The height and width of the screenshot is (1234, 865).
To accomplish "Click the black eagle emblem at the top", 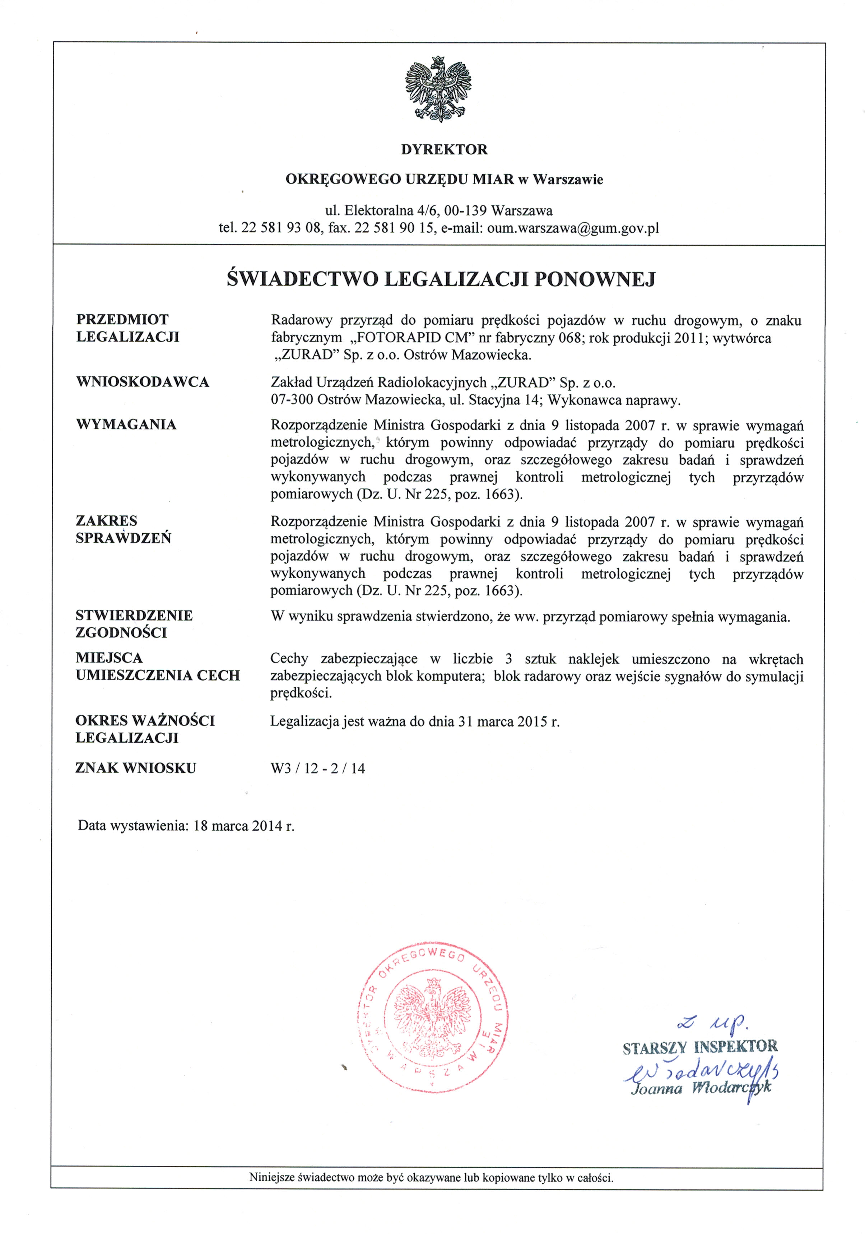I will click(438, 89).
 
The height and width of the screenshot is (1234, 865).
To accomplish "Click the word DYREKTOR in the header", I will click(444, 149).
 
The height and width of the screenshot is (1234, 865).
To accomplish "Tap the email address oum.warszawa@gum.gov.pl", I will click(573, 228).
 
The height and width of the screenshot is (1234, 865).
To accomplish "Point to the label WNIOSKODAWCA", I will click(143, 382).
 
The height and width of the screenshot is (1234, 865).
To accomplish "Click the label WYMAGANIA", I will click(126, 425).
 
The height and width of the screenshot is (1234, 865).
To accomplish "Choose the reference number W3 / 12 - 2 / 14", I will click(317, 769).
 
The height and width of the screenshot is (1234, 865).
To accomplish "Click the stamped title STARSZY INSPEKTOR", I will click(699, 1047).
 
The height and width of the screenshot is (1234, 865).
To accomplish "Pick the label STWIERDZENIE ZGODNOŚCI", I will click(134, 624).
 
